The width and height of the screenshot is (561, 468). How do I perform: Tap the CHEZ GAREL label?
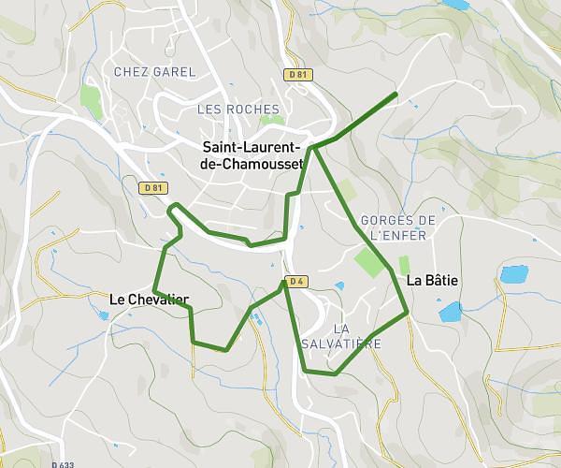click(154, 72)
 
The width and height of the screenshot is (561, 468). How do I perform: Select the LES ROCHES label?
click(238, 110)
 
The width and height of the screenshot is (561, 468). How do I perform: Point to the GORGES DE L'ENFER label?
click(398, 227)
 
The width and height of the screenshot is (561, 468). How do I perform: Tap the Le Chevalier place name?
click(149, 300)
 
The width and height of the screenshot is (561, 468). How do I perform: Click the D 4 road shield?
click(296, 281)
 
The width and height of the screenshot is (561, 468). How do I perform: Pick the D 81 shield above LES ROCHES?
click(295, 74)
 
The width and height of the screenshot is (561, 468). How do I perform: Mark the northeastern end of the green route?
click(396, 94)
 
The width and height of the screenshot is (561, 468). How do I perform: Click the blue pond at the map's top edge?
click(456, 5)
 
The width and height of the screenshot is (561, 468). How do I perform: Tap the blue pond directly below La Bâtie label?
click(451, 312)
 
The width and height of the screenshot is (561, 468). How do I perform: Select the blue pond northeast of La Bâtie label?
click(513, 274)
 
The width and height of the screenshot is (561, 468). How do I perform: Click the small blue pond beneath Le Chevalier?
click(103, 315)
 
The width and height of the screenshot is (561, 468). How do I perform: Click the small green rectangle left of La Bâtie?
click(405, 265)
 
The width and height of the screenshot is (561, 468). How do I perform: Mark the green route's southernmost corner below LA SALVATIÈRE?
click(334, 374)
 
